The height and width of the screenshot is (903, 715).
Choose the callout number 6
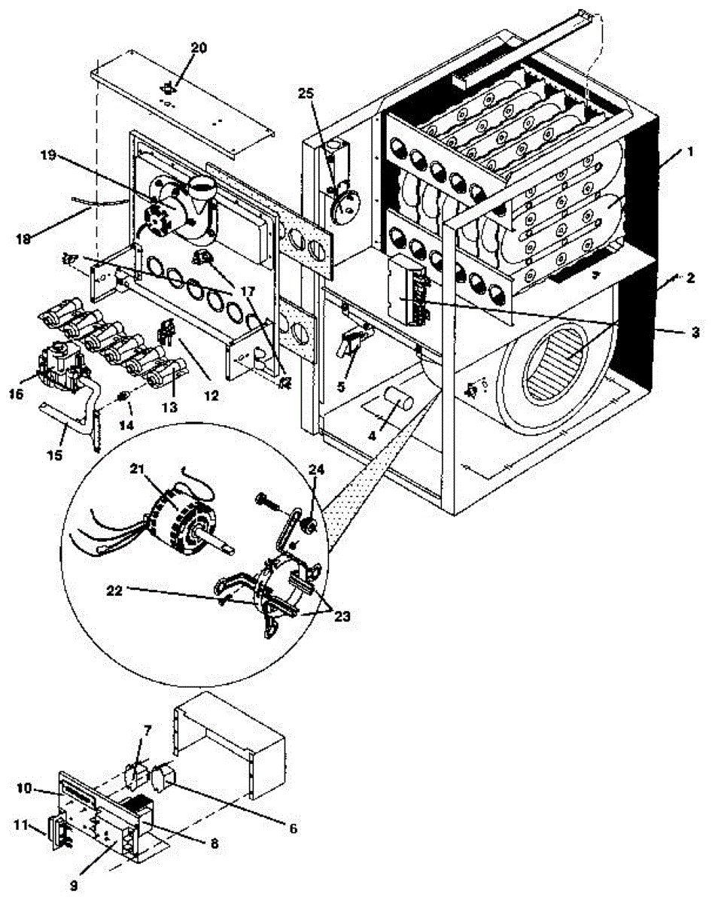coord(292,829)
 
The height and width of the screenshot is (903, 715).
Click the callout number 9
coord(74,886)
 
